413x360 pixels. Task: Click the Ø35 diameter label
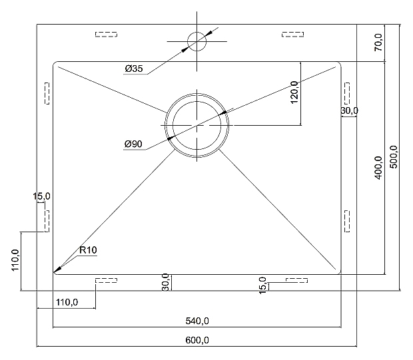[134, 69]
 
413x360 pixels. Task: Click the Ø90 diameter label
[133, 144]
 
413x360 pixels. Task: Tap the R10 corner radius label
[88, 250]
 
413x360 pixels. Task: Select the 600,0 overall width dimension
[197, 340]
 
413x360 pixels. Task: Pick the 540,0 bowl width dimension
[197, 321]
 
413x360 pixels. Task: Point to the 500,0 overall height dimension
[394, 157]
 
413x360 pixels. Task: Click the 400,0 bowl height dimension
[378, 168]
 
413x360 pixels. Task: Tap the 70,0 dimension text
[378, 42]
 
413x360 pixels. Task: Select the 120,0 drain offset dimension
[294, 92]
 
